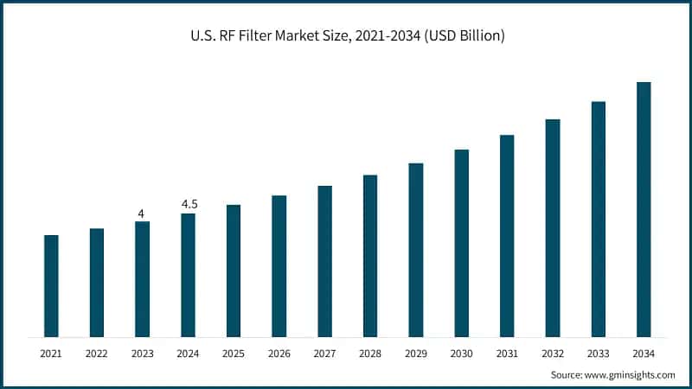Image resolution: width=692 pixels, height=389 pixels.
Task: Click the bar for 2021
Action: click(51, 286)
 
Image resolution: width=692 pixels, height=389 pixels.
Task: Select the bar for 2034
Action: click(644, 209)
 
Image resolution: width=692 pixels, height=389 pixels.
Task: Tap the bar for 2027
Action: click(324, 261)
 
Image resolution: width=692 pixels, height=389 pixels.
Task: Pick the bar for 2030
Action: click(461, 243)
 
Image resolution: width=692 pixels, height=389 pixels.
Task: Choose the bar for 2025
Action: click(234, 271)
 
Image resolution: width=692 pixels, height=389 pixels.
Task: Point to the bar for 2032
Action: click(553, 228)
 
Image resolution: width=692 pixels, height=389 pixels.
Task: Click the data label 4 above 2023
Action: click(142, 213)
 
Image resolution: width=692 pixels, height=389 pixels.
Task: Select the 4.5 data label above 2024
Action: click(188, 204)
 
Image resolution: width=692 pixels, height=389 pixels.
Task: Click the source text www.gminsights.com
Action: click(631, 374)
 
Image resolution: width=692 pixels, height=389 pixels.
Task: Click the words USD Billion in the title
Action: click(467, 36)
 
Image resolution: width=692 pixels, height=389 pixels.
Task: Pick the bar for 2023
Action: click(142, 279)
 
